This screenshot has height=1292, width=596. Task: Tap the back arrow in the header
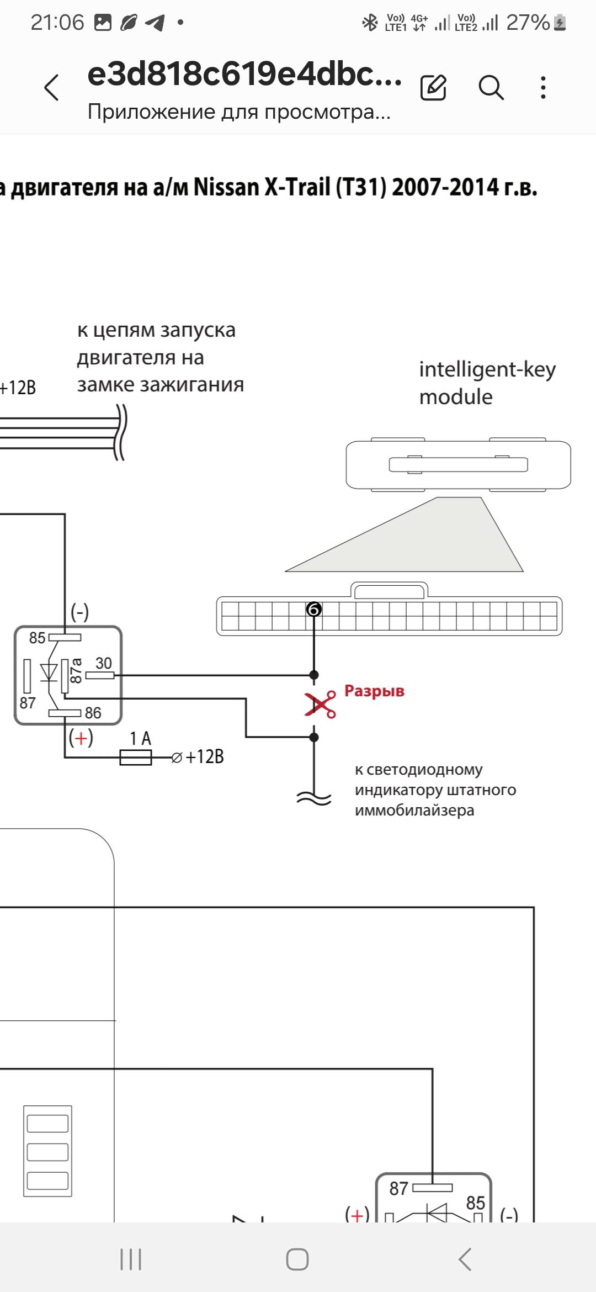point(51,87)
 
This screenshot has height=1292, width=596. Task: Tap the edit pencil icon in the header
point(433,87)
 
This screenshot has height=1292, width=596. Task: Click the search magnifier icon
point(491,87)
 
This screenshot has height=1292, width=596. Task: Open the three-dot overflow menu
point(544,87)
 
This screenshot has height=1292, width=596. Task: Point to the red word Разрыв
point(374,691)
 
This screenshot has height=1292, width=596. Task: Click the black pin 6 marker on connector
point(314,609)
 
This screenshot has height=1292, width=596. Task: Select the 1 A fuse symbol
point(136,757)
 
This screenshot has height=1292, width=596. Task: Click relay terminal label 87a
point(76,670)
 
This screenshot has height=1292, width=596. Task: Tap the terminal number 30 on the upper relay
point(104,663)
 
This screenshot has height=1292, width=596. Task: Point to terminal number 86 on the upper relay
point(93,713)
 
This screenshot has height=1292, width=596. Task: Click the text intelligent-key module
point(487,383)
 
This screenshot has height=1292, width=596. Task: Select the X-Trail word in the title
point(298,187)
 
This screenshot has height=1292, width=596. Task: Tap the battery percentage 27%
point(528,23)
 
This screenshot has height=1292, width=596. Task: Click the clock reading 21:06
point(57,23)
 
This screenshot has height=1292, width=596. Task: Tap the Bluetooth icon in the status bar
point(369,23)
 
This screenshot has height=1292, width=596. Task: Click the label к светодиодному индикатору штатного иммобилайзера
point(435,790)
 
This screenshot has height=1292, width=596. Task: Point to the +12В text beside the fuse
point(205,756)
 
